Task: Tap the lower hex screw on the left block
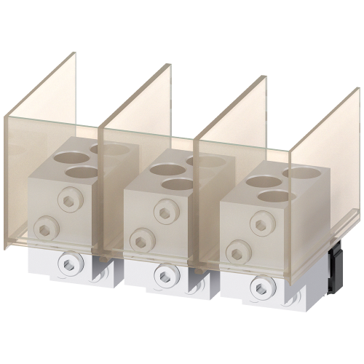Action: coord(47,226)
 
